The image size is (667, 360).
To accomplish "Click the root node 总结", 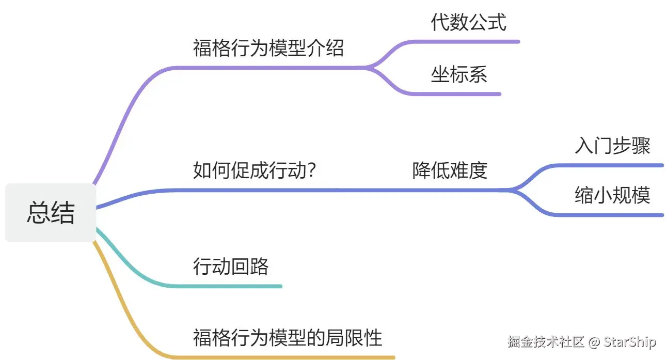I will [x=51, y=213].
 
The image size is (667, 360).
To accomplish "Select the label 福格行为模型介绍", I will [x=268, y=49].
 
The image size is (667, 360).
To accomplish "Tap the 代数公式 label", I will [x=469, y=23].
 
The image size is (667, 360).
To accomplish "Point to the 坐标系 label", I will [x=459, y=75].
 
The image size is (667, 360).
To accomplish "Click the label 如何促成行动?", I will [x=254, y=170].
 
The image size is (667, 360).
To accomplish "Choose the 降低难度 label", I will [x=450, y=170].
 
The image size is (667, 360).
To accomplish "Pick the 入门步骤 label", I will [x=612, y=147].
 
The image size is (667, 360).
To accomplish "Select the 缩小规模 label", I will [x=612, y=196].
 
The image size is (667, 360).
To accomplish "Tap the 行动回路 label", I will [x=231, y=267].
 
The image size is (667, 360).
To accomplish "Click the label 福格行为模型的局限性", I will [x=288, y=338].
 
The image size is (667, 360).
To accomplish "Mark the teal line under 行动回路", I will [x=232, y=286].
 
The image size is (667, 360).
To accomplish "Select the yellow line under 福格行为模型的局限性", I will [x=289, y=357].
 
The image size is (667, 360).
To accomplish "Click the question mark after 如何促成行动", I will [x=311, y=170].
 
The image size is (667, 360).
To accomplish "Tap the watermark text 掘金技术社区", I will [x=546, y=342].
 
